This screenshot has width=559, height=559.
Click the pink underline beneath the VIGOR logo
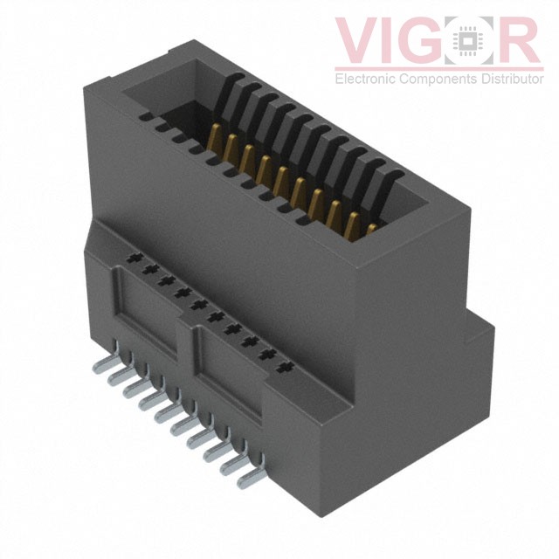pos(439,66)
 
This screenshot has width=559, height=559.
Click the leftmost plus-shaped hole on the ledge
pos(134,259)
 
